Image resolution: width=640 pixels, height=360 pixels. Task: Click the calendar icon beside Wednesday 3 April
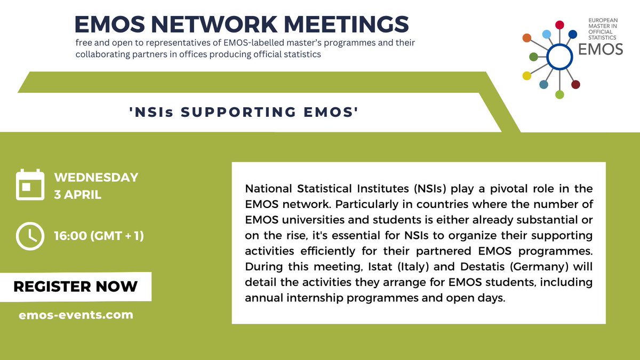click(x=30, y=185)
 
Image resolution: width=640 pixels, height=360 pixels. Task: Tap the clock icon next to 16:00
click(x=30, y=235)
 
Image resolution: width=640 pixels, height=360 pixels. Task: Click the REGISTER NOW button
click(x=75, y=286)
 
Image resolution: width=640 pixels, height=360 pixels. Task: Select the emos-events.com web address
click(x=75, y=315)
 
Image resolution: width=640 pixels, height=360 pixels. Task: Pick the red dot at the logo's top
click(x=559, y=25)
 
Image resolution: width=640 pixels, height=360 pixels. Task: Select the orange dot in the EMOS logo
click(x=527, y=38)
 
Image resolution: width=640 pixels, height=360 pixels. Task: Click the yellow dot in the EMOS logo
click(x=527, y=76)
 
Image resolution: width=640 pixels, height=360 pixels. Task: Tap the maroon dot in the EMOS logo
click(x=575, y=84)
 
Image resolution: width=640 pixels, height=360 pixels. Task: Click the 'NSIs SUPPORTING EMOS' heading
click(x=243, y=113)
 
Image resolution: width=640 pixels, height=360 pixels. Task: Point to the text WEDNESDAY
click(x=95, y=178)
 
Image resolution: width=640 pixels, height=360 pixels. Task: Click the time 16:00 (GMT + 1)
click(x=99, y=235)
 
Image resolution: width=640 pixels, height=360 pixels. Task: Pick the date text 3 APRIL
click(x=77, y=194)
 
